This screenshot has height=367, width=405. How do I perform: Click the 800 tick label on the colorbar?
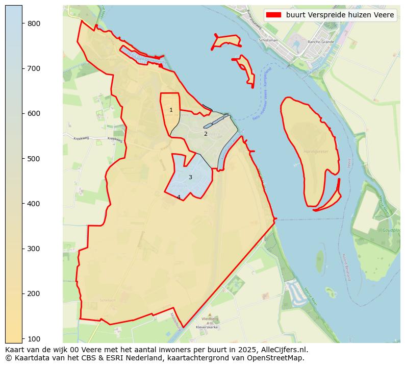click(34, 23)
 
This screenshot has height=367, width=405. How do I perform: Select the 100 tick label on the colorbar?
click(34, 338)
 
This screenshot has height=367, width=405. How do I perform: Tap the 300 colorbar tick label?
click(34, 249)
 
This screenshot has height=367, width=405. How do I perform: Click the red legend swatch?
click(273, 15)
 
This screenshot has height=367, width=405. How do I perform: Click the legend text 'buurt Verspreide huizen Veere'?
click(340, 15)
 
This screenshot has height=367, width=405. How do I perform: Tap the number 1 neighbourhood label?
click(171, 110)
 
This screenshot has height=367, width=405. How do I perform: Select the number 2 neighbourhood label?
click(206, 134)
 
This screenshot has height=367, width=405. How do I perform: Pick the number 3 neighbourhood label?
click(190, 177)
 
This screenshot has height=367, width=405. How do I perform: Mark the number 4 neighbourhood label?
click(179, 197)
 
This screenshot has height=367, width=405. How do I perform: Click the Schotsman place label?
click(268, 40)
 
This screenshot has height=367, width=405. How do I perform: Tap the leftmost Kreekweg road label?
click(81, 138)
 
